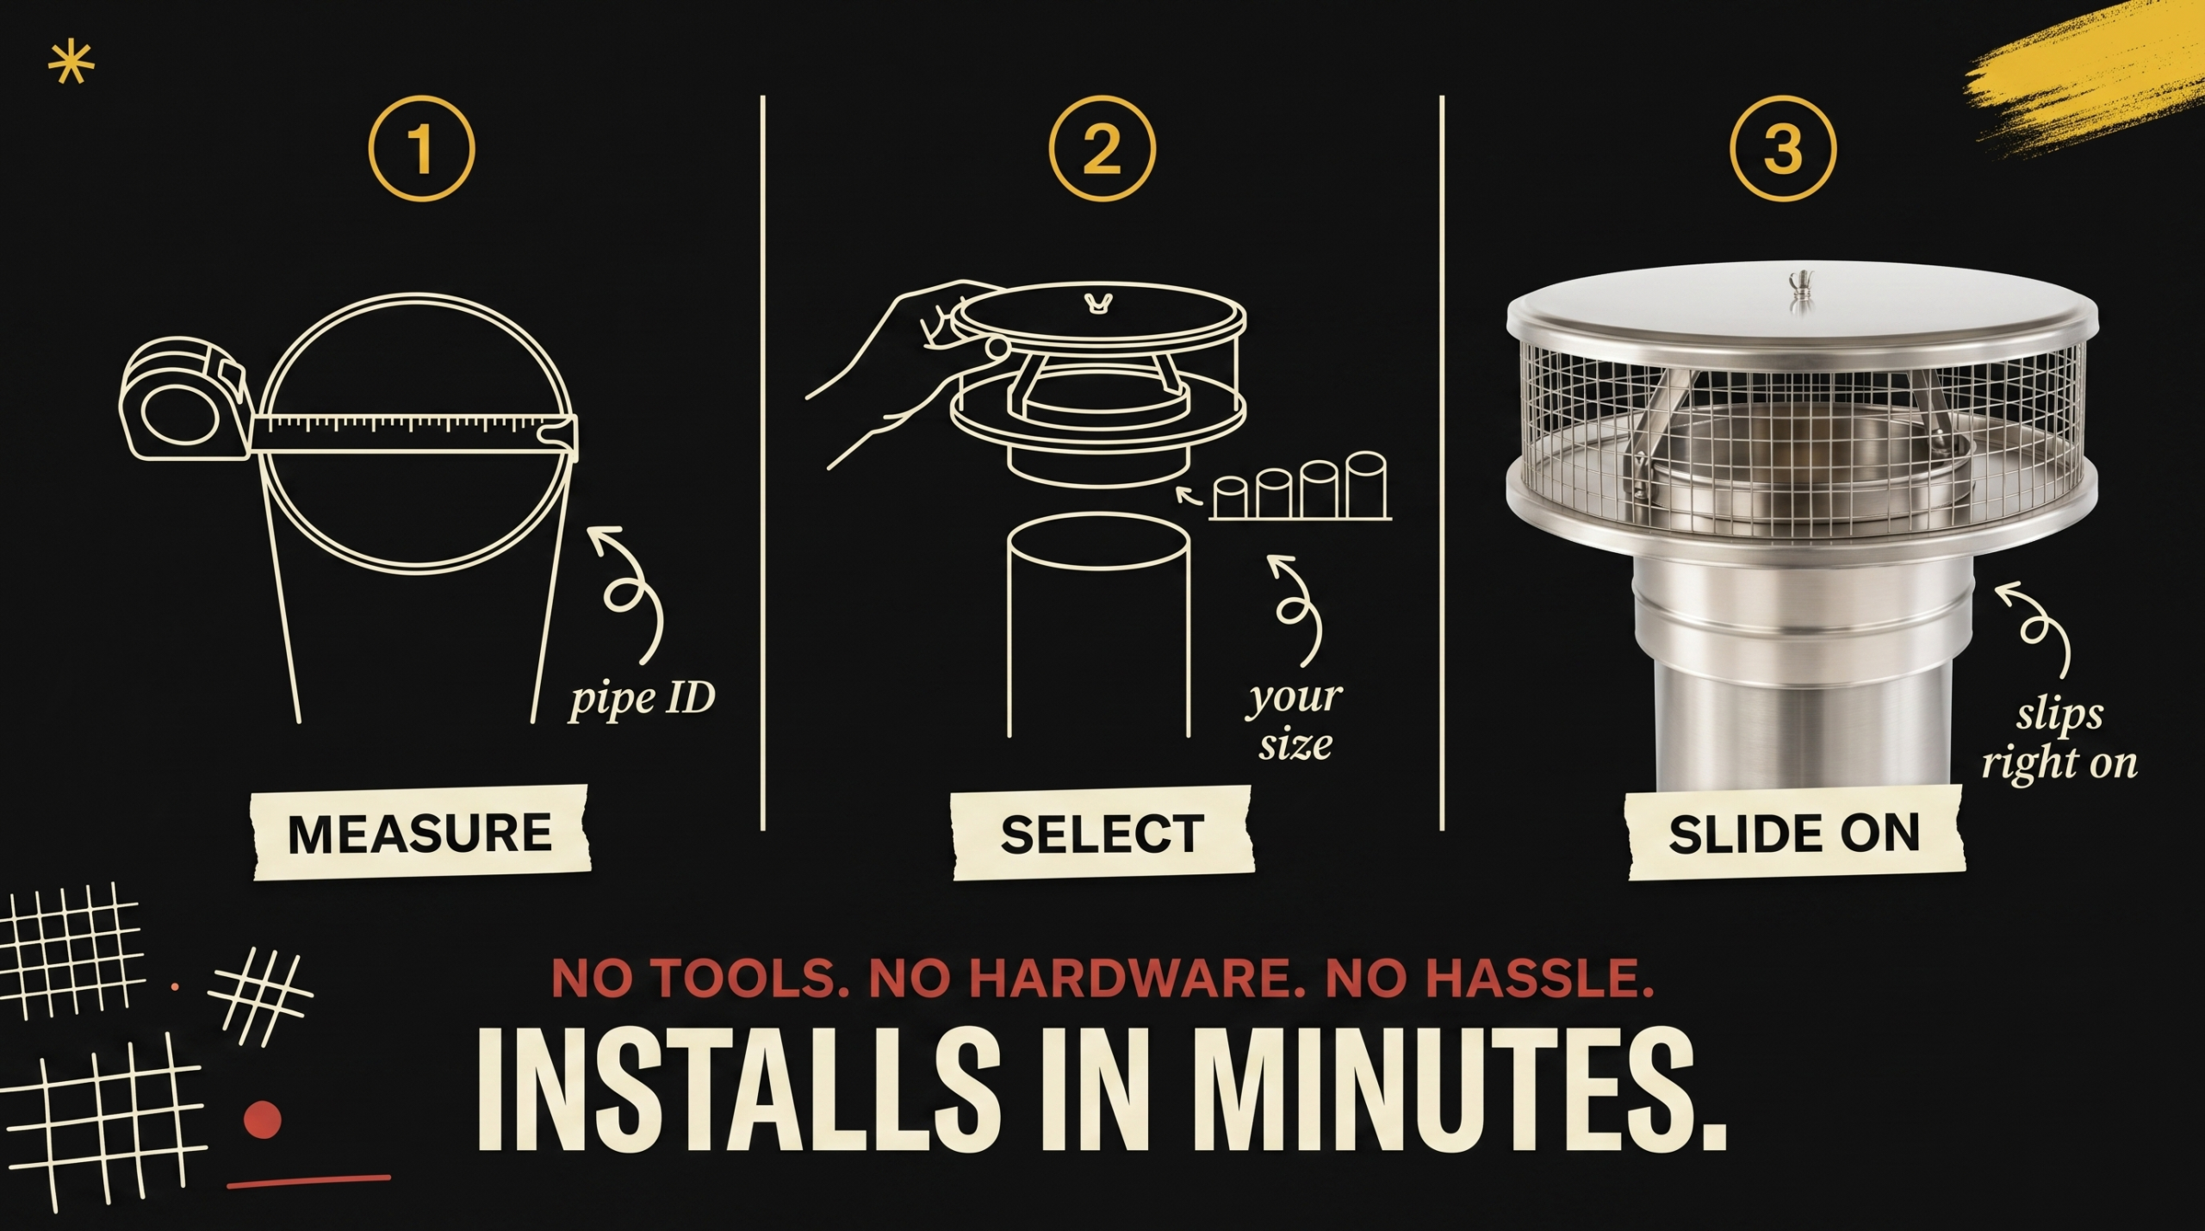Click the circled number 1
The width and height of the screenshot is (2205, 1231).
click(421, 149)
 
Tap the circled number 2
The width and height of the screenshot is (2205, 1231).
click(1102, 149)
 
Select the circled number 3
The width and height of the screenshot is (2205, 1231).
click(1783, 149)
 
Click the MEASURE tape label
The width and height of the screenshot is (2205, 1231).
click(419, 833)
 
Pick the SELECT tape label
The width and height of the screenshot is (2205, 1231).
click(1102, 834)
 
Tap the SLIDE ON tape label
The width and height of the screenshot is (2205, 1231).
click(1794, 834)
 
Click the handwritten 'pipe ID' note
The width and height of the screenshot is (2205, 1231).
click(642, 699)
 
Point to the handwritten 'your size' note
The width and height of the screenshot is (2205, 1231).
click(1294, 720)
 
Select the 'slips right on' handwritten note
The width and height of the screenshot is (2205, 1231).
click(2059, 739)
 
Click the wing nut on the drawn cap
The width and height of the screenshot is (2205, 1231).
click(1096, 303)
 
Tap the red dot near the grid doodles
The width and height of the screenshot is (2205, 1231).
click(263, 1120)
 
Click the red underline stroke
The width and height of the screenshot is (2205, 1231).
click(308, 1181)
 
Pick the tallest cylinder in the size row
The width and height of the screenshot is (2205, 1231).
click(1366, 485)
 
